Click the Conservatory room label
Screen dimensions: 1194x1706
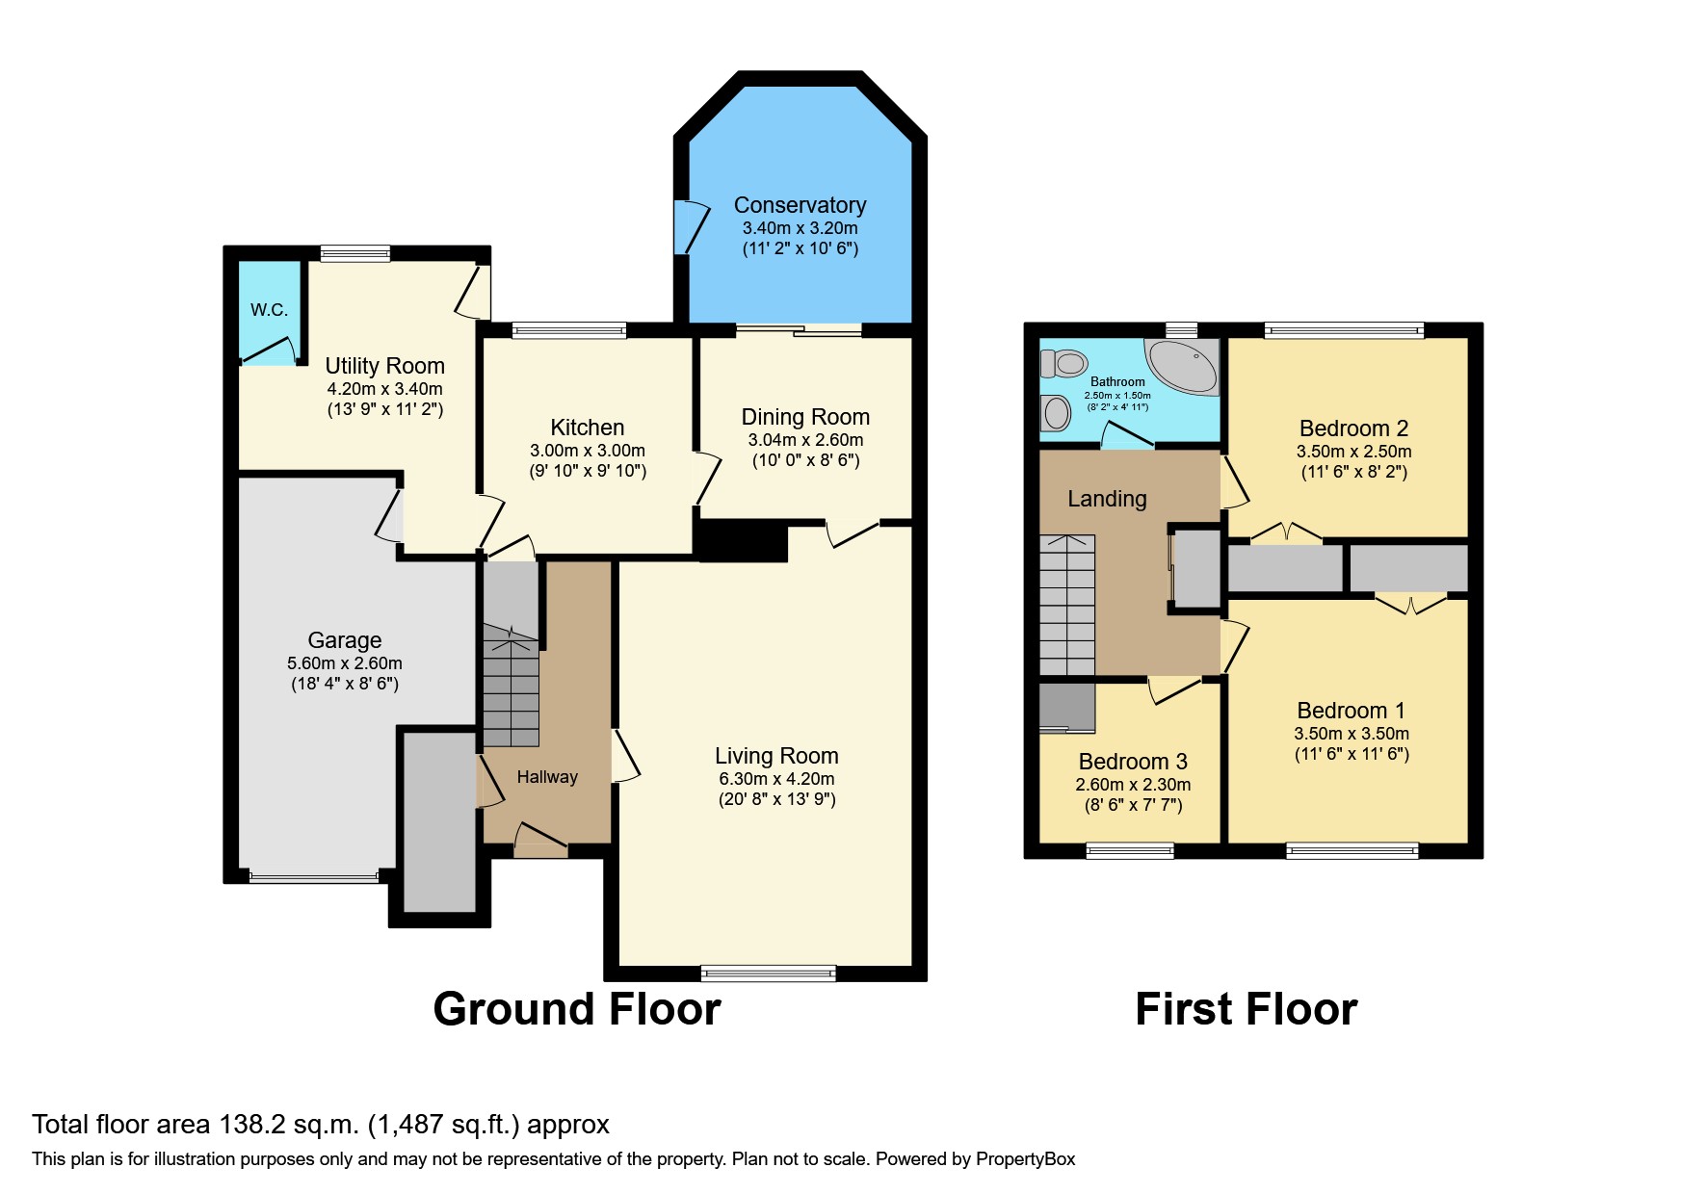pyautogui.click(x=800, y=205)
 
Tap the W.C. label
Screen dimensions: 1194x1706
pyautogui.click(x=269, y=310)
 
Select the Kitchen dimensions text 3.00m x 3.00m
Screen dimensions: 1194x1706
pyautogui.click(x=587, y=451)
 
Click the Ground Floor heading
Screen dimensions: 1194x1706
pyautogui.click(x=576, y=1009)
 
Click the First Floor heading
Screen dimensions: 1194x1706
pyautogui.click(x=1246, y=1009)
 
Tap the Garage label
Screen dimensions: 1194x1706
pyautogui.click(x=344, y=640)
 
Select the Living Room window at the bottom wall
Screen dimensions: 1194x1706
pyautogui.click(x=768, y=973)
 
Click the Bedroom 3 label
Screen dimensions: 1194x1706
pyautogui.click(x=1132, y=762)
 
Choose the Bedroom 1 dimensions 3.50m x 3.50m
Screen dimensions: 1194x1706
pyautogui.click(x=1351, y=734)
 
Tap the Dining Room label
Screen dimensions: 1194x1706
pyautogui.click(x=804, y=417)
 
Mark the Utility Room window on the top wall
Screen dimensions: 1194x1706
pyautogui.click(x=354, y=253)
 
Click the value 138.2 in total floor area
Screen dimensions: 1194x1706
pyautogui.click(x=245, y=1125)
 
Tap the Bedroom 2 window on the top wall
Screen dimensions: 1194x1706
pyautogui.click(x=1343, y=330)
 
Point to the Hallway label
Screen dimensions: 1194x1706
pyautogui.click(x=547, y=777)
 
